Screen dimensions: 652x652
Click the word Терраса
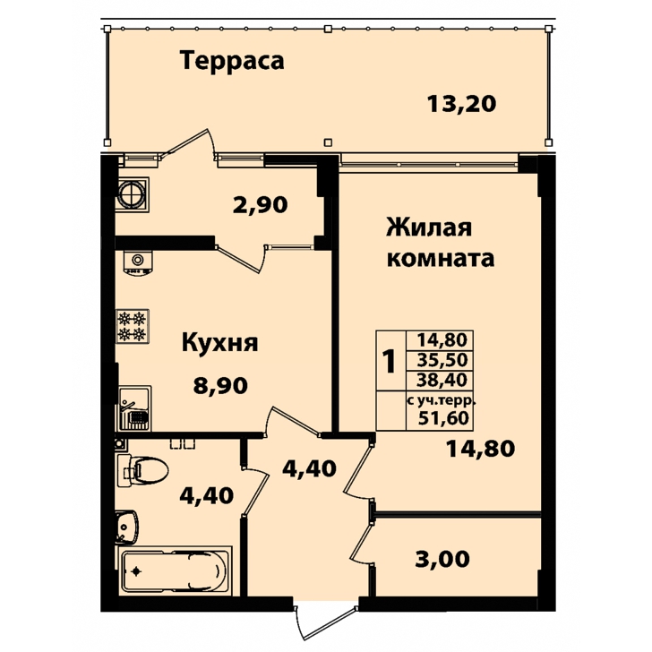pyautogui.click(x=232, y=61)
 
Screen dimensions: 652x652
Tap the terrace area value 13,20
pyautogui.click(x=461, y=104)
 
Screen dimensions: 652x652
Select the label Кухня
pyautogui.click(x=220, y=344)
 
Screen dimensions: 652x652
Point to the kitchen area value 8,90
pyautogui.click(x=220, y=385)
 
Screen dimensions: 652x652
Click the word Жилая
pyautogui.click(x=430, y=227)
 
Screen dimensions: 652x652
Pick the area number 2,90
pyautogui.click(x=261, y=205)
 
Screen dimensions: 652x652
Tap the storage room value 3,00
pyautogui.click(x=442, y=559)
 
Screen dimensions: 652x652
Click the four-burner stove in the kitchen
pyautogui.click(x=133, y=326)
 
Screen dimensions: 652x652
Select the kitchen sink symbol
pyautogui.click(x=134, y=408)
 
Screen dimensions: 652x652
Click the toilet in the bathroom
pyautogui.click(x=142, y=471)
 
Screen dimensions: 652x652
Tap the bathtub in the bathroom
pyautogui.click(x=175, y=571)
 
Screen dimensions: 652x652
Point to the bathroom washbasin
pyautogui.click(x=127, y=527)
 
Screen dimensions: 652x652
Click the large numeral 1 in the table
pyautogui.click(x=390, y=361)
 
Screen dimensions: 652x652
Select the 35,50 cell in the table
pyautogui.click(x=442, y=360)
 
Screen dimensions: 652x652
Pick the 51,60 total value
pyautogui.click(x=443, y=418)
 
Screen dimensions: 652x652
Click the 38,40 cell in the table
pyautogui.click(x=442, y=380)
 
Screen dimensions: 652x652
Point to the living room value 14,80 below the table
pyautogui.click(x=480, y=449)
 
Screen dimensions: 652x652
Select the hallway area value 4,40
pyautogui.click(x=309, y=468)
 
